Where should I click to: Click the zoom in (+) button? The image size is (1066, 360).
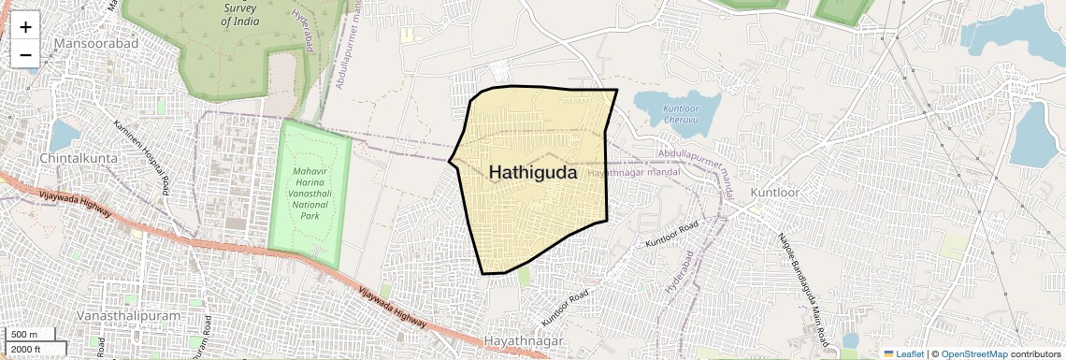(25, 27)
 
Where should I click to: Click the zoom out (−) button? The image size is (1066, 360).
(25, 54)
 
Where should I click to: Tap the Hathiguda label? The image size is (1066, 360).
(533, 173)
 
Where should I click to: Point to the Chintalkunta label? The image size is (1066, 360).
(79, 158)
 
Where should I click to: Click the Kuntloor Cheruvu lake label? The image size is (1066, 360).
(681, 114)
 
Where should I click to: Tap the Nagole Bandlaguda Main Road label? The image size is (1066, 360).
(803, 285)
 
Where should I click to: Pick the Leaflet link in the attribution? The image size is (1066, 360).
(905, 354)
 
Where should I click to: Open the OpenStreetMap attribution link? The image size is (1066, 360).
(973, 354)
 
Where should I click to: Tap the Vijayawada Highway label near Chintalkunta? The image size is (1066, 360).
(75, 201)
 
